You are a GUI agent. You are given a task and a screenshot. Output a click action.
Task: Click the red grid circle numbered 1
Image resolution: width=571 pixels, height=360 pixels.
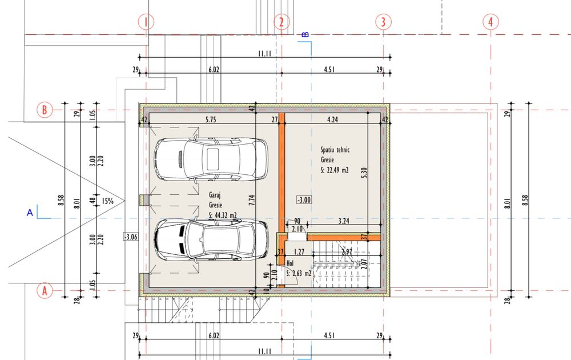click(x=146, y=22)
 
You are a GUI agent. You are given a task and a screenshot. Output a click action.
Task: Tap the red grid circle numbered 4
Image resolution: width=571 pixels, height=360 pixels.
click(x=490, y=22)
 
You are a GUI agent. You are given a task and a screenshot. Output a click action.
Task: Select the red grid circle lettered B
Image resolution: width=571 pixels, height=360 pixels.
click(x=45, y=110)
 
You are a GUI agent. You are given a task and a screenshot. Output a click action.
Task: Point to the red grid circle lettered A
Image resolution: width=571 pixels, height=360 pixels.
click(x=45, y=291)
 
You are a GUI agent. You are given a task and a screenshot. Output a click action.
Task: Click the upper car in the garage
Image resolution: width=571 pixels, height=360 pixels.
click(x=211, y=159)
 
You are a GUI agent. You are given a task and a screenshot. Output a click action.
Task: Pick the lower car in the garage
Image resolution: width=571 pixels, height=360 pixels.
click(x=211, y=239)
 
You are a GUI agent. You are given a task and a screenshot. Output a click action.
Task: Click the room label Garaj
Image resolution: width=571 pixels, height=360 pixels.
click(x=215, y=195)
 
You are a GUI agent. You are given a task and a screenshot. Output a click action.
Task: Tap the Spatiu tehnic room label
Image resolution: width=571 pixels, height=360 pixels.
click(x=335, y=149)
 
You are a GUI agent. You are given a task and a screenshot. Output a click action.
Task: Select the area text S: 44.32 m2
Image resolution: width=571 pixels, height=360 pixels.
click(x=223, y=215)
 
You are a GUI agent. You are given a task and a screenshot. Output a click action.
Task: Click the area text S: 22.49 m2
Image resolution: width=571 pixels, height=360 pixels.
click(x=335, y=170)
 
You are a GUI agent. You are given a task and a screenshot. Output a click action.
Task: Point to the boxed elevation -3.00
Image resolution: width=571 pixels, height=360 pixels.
click(x=304, y=199)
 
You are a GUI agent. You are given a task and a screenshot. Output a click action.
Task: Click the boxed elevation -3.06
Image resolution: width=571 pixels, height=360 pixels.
click(x=131, y=237)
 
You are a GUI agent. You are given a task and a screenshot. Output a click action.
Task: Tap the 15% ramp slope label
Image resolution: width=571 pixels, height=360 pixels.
click(x=107, y=201)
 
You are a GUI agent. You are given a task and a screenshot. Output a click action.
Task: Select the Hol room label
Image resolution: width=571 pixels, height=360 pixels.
click(x=290, y=263)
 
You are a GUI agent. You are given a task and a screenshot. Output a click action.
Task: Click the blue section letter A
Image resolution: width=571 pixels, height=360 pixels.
click(x=30, y=213)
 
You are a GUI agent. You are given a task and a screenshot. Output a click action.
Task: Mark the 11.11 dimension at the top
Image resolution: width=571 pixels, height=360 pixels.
click(x=265, y=54)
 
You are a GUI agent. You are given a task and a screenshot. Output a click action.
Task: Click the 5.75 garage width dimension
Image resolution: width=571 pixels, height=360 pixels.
click(x=211, y=119)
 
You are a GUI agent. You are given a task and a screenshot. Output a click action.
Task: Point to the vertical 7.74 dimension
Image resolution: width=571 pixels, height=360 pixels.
click(x=252, y=200)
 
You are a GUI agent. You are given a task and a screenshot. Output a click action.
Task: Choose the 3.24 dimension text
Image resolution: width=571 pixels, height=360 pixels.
click(x=344, y=221)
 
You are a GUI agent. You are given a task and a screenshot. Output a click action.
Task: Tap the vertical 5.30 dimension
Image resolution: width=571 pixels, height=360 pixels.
click(x=364, y=173)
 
